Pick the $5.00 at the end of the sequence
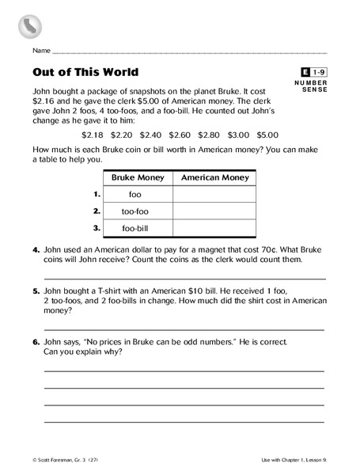[267, 135]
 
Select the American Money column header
[214, 178]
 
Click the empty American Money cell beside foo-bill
[214, 228]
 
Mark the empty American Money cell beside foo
[214, 195]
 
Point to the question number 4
[36, 249]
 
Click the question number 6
[36, 342]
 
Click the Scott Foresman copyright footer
[63, 460]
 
